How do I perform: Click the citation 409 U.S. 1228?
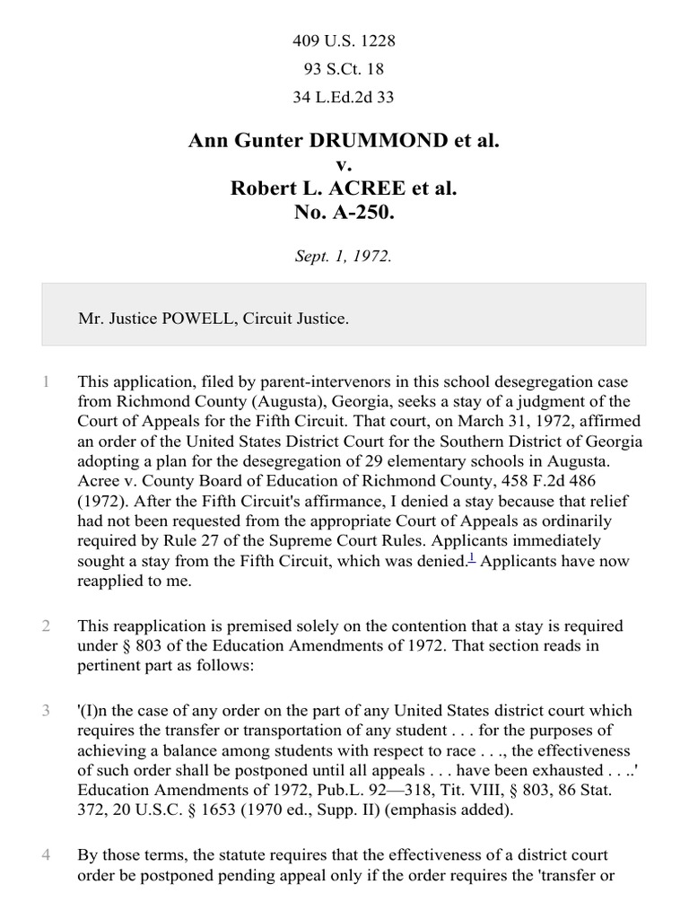point(344,41)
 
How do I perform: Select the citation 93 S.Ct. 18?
point(344,69)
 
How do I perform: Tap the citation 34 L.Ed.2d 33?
point(344,97)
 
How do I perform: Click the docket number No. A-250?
point(344,214)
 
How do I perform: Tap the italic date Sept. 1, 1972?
point(344,256)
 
